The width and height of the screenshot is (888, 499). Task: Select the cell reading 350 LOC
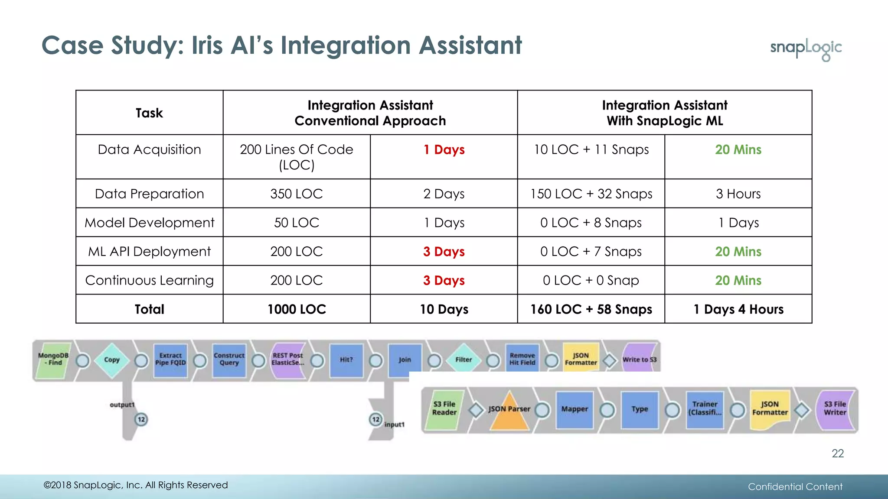pyautogui.click(x=297, y=194)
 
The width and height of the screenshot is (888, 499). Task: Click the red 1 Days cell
pyautogui.click(x=444, y=150)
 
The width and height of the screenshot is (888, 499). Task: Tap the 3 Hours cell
pyautogui.click(x=738, y=194)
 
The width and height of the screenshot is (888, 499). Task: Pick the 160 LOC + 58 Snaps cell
pyautogui.click(x=591, y=309)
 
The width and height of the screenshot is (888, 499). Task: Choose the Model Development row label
pyautogui.click(x=149, y=223)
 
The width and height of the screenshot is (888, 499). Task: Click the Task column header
pyautogui.click(x=149, y=113)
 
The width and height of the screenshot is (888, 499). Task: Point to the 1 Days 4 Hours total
pyautogui.click(x=738, y=309)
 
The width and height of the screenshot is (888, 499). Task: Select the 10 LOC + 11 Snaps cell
pyautogui.click(x=591, y=150)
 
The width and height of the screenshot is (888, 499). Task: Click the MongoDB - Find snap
pyautogui.click(x=53, y=360)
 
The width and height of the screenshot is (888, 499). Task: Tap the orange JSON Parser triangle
pyautogui.click(x=509, y=411)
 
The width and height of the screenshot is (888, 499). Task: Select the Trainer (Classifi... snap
pyautogui.click(x=705, y=409)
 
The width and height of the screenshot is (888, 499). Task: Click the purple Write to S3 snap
pyautogui.click(x=639, y=360)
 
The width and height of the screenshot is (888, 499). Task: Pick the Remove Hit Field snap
pyautogui.click(x=522, y=359)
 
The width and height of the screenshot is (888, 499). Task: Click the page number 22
pyautogui.click(x=837, y=454)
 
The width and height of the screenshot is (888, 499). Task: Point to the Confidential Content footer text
pyautogui.click(x=795, y=487)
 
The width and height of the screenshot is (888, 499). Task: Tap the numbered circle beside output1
pyautogui.click(x=141, y=419)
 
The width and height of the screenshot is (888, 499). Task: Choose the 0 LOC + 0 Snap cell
pyautogui.click(x=591, y=280)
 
